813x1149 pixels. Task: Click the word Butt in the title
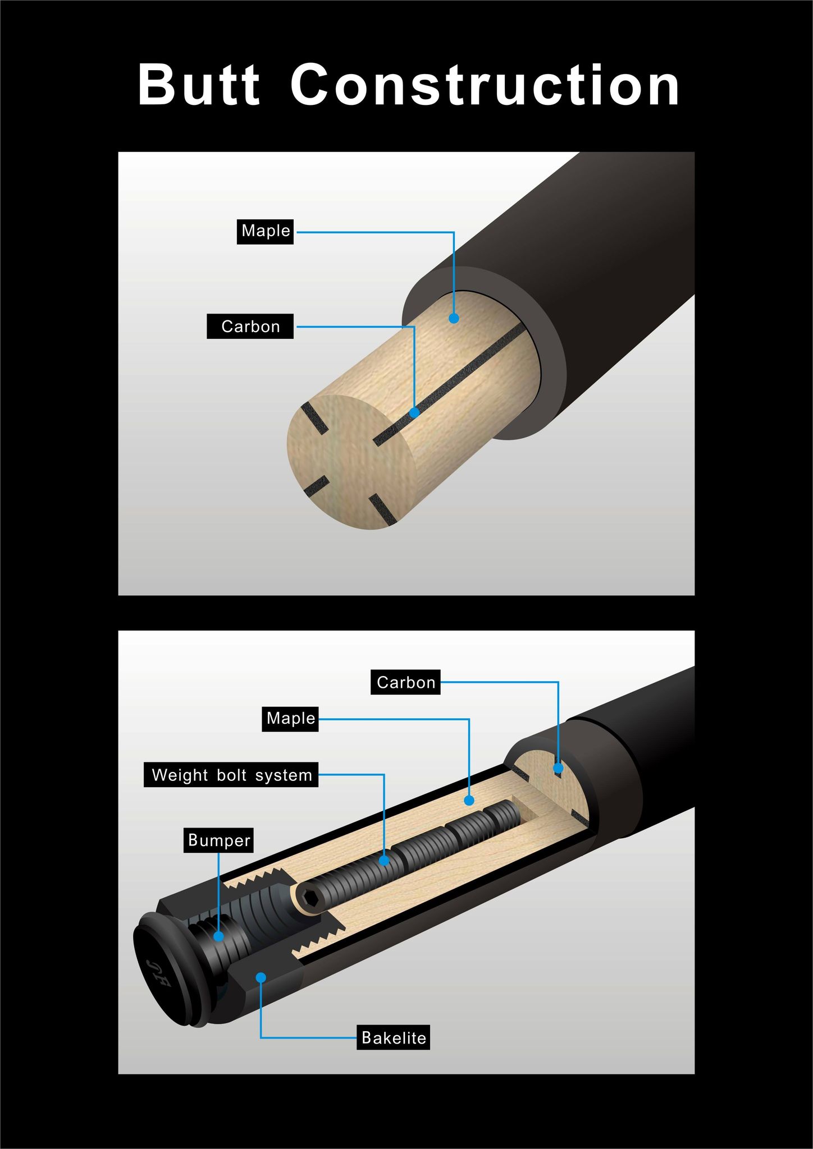pyautogui.click(x=199, y=85)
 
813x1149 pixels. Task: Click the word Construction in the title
pyautogui.click(x=485, y=85)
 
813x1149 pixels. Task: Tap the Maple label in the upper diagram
pyautogui.click(x=266, y=231)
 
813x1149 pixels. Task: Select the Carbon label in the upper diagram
pyautogui.click(x=250, y=326)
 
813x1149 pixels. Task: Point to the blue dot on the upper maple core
pyautogui.click(x=454, y=318)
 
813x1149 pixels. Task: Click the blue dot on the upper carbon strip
pyautogui.click(x=414, y=412)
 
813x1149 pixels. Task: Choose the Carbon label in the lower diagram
pyautogui.click(x=405, y=682)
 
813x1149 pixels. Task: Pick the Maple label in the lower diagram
pyautogui.click(x=290, y=719)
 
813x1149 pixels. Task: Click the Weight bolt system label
pyautogui.click(x=231, y=775)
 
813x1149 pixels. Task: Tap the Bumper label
pyautogui.click(x=218, y=840)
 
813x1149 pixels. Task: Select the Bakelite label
pyautogui.click(x=394, y=1037)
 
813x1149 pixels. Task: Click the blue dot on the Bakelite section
pyautogui.click(x=261, y=977)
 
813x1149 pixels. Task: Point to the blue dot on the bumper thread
pyautogui.click(x=218, y=936)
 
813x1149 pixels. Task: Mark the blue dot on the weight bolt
pyautogui.click(x=384, y=860)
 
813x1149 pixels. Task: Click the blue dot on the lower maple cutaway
pyautogui.click(x=469, y=801)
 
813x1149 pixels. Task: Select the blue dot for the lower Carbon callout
pyautogui.click(x=558, y=768)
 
